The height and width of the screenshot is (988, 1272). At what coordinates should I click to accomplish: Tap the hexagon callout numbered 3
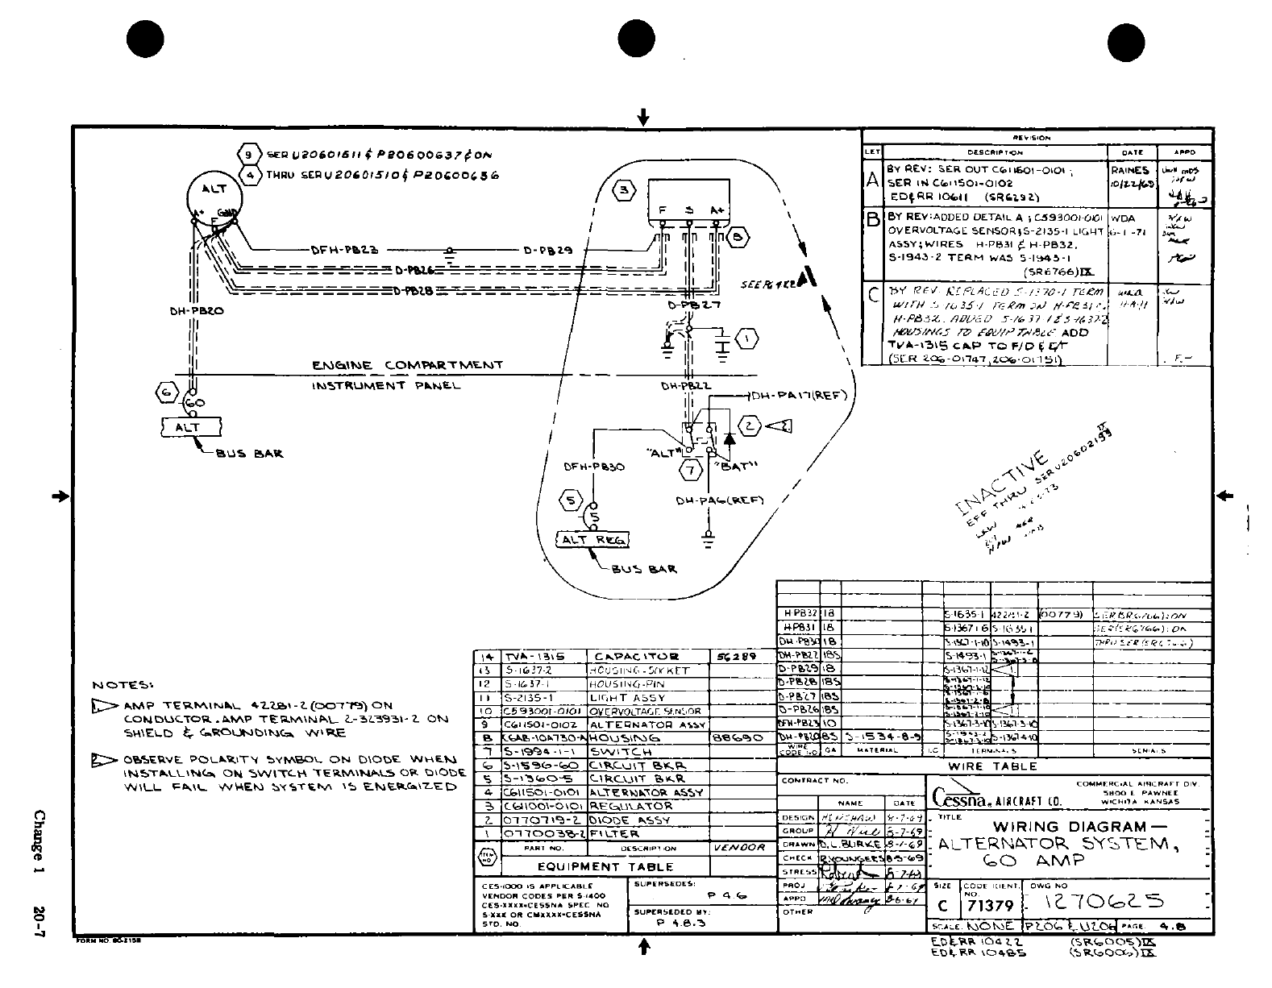tap(626, 191)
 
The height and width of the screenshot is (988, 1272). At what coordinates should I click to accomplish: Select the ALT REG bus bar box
tap(593, 539)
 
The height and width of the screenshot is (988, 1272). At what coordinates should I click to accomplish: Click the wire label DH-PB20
tap(191, 309)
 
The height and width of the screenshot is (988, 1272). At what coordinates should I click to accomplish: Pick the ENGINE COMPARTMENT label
tap(407, 365)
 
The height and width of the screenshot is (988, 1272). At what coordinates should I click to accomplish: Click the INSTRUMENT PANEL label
tap(386, 385)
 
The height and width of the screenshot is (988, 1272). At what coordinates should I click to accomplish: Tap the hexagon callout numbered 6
tap(166, 392)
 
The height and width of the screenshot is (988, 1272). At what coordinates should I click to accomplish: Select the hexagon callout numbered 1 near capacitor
tap(747, 339)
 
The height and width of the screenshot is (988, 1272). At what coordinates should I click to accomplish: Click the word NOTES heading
tap(123, 686)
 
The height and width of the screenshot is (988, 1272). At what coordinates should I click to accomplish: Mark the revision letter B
tap(872, 219)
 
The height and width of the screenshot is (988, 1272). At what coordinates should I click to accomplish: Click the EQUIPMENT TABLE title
tap(605, 867)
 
